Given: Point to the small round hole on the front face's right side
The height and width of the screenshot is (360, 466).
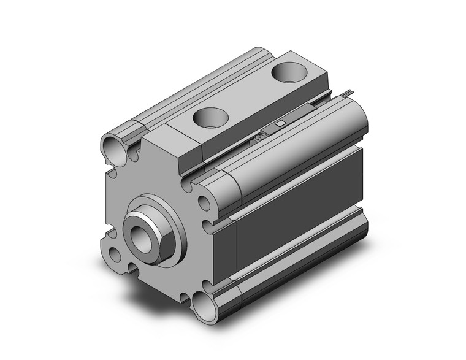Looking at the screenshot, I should (204, 201).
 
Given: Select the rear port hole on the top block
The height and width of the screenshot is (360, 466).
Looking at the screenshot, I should (287, 72).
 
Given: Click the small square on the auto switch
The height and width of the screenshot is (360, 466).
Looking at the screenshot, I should (280, 123).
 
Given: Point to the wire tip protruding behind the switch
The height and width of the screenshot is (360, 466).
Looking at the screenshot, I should (348, 93).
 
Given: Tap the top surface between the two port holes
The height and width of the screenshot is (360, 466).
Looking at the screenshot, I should (248, 95).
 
